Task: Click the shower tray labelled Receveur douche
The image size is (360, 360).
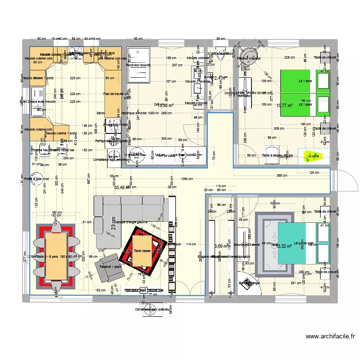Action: point(139,64)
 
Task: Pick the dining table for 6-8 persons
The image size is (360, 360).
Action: point(56,255)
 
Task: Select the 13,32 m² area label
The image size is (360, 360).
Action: point(284,246)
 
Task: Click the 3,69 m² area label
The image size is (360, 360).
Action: point(221,246)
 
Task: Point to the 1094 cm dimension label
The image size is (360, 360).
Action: point(187,179)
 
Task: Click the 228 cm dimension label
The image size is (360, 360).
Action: point(289,58)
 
